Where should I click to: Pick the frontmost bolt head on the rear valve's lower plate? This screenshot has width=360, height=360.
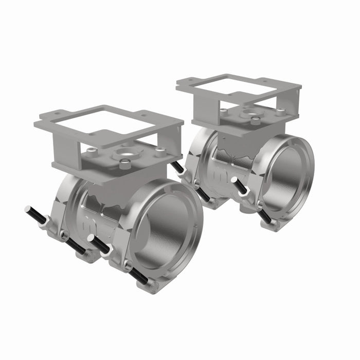[x=255, y=121]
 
